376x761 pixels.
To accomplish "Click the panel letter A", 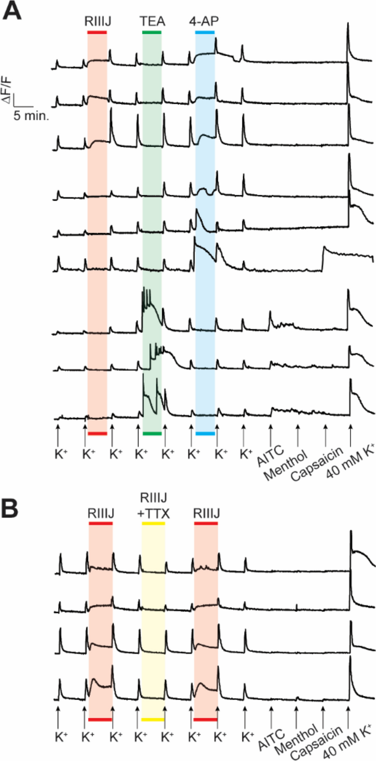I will point(12,12).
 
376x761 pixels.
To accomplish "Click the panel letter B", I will point(10,508).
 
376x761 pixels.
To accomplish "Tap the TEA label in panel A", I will point(152,21).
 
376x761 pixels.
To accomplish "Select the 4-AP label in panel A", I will point(204,21).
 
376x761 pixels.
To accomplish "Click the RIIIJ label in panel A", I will point(98,21).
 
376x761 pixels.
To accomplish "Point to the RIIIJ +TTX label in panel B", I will point(154,505).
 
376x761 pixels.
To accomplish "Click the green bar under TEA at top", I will point(152,32).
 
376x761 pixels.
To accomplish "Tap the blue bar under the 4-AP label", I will point(205,32).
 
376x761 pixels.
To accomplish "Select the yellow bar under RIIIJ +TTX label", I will point(154,523).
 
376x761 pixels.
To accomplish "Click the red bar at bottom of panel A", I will point(97,433).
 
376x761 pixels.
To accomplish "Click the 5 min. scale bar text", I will point(31,115).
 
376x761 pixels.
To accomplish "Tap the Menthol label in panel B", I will point(296,740).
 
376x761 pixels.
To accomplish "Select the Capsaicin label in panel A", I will point(317,463).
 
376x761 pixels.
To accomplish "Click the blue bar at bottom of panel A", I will point(205,433).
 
